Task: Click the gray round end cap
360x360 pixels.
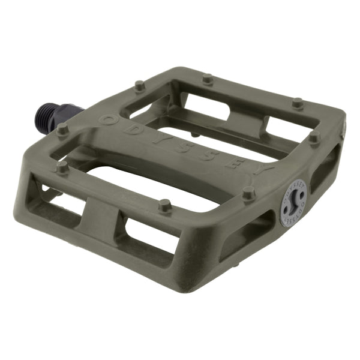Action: (293, 203)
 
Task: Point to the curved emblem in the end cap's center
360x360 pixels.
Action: (293, 203)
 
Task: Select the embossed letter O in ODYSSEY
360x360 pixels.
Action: (109, 119)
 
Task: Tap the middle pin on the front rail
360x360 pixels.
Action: (165, 205)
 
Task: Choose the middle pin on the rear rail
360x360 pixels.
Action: (208, 79)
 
